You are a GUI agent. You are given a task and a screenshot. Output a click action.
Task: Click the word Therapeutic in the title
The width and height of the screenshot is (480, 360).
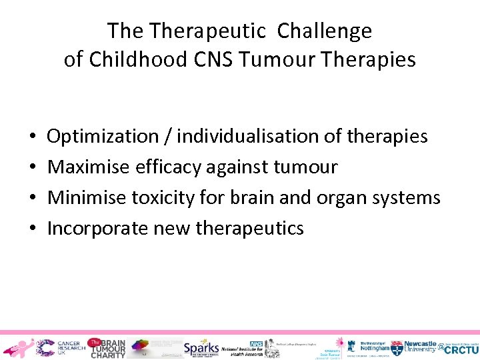click(208, 31)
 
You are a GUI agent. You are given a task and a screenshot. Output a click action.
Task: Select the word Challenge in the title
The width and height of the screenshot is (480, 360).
click(325, 31)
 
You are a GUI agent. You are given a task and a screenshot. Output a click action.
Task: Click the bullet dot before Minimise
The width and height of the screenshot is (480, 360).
click(33, 198)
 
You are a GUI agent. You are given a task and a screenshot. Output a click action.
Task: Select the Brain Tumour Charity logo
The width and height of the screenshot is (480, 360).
click(107, 347)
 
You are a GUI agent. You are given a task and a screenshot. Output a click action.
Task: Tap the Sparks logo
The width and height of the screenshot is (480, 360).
click(201, 347)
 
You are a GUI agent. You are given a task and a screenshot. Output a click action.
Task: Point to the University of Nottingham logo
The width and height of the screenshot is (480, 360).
click(373, 347)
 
